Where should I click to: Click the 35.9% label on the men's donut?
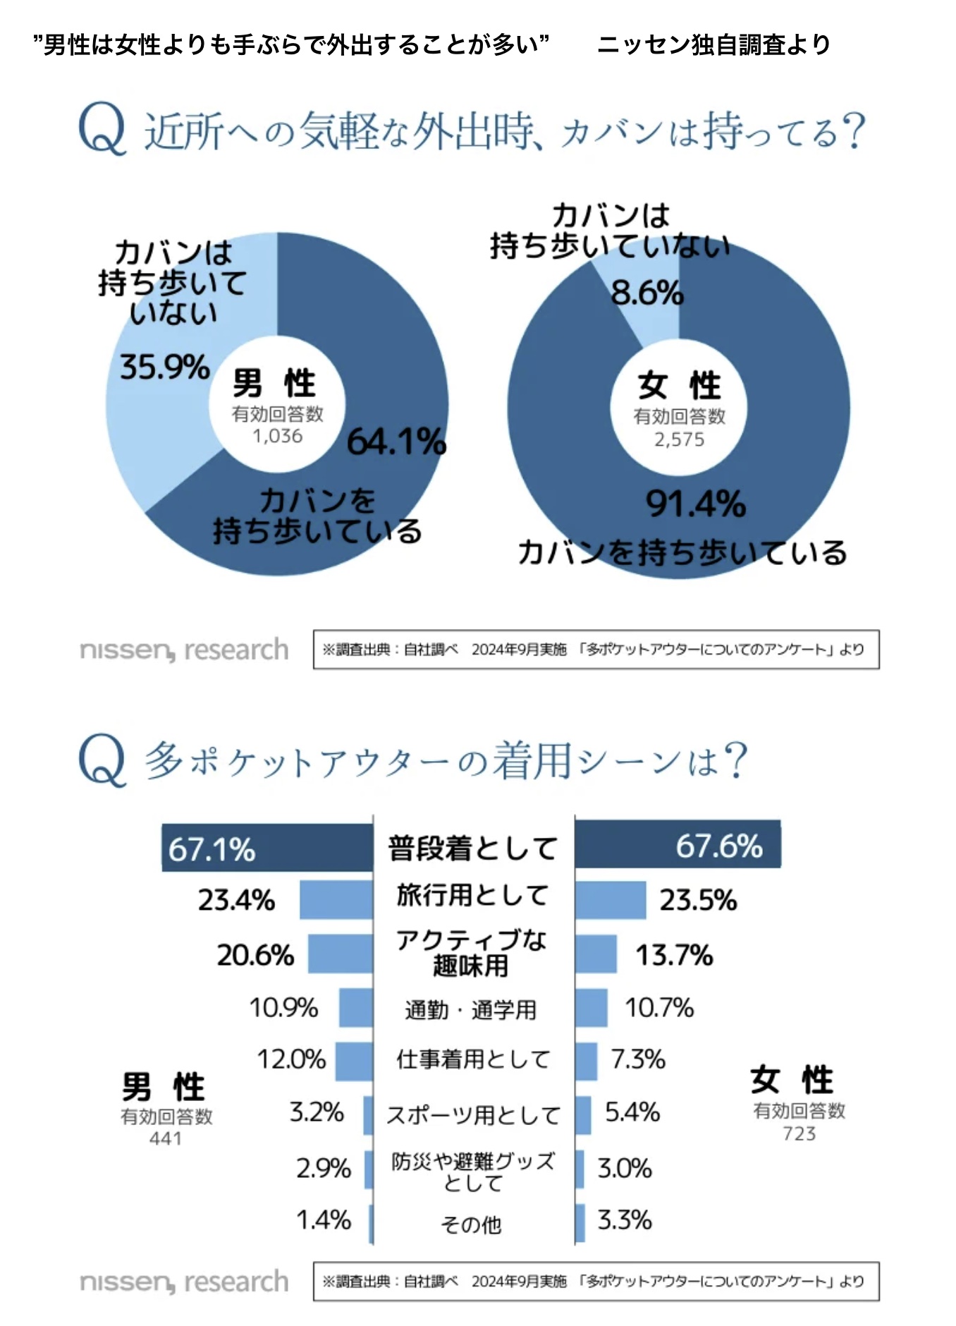click(165, 367)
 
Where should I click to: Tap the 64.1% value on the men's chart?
click(396, 442)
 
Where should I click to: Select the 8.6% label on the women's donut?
click(647, 293)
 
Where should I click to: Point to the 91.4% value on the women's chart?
click(696, 504)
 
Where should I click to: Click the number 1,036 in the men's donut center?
click(278, 436)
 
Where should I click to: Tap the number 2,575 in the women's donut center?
click(679, 439)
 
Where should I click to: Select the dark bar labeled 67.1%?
click(268, 848)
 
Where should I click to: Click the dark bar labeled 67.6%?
click(678, 845)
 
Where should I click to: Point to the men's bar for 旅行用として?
click(336, 900)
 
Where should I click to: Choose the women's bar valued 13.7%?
click(596, 954)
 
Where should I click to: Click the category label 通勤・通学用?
click(471, 1010)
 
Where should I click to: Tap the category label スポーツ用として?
click(473, 1115)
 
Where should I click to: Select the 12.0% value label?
click(291, 1059)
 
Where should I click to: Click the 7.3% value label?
click(638, 1059)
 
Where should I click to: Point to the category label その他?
click(471, 1225)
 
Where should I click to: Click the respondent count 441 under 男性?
click(166, 1138)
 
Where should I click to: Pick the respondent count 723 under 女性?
click(799, 1133)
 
